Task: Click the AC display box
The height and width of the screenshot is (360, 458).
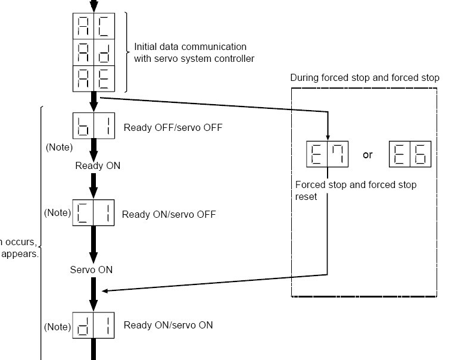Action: coord(94,26)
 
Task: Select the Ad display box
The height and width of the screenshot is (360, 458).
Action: coord(94,53)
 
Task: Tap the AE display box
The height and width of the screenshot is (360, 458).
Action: coord(94,78)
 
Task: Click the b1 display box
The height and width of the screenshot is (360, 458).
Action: coord(94,127)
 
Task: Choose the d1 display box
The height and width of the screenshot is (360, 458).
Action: coord(94,325)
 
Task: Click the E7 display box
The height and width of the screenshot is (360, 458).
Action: coord(327,154)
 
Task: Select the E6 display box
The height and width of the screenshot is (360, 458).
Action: coord(410,154)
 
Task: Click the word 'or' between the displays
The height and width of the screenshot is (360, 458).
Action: coord(367,155)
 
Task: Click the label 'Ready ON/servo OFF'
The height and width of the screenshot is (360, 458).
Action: coord(169,214)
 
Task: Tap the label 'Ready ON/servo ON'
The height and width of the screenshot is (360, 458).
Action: coord(168,325)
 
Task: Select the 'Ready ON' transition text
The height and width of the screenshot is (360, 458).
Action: coord(98,165)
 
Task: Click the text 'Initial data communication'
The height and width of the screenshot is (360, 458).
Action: coord(190,46)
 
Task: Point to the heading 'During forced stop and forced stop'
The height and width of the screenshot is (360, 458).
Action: coord(364,78)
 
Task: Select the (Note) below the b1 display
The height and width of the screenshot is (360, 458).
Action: coord(59,147)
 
